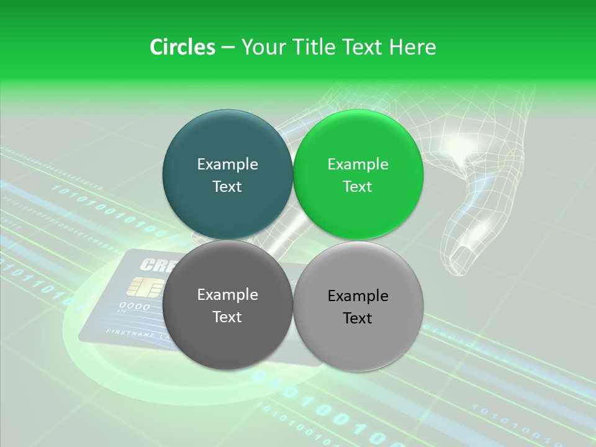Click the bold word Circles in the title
(182, 47)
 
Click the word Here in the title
(412, 47)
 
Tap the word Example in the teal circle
(227, 165)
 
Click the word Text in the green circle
(358, 187)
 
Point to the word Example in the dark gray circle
(227, 295)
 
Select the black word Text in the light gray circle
(358, 318)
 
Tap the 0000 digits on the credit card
(134, 306)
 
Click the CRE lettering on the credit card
(155, 264)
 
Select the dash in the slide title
(228, 47)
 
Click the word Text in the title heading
(362, 47)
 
